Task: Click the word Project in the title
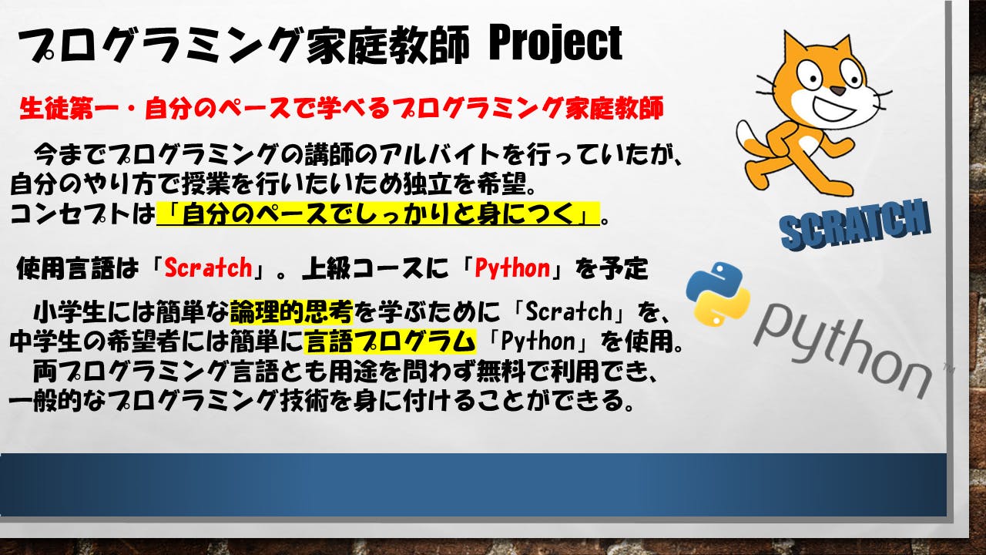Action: pyautogui.click(x=555, y=44)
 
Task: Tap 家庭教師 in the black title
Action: pyautogui.click(x=388, y=45)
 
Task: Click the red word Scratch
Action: pyautogui.click(x=208, y=267)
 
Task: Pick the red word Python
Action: pyautogui.click(x=513, y=268)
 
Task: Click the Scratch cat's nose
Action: pyautogui.click(x=838, y=91)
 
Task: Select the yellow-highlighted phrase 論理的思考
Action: pyautogui.click(x=291, y=312)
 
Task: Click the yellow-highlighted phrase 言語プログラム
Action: pyautogui.click(x=390, y=341)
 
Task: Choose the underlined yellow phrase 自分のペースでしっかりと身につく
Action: pyautogui.click(x=378, y=214)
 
